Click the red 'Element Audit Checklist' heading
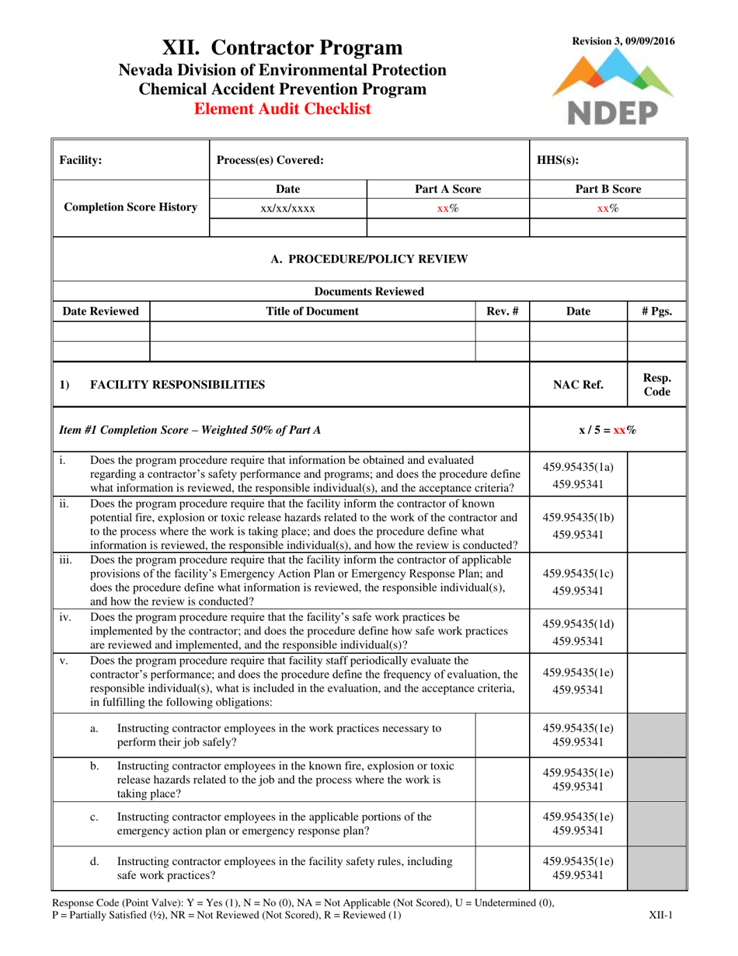(x=282, y=110)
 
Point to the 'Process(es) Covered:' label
(x=269, y=160)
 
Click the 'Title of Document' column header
(x=312, y=312)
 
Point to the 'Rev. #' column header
(x=502, y=312)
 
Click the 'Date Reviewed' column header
(x=101, y=312)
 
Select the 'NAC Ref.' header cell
(x=577, y=384)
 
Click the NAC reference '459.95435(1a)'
(x=578, y=467)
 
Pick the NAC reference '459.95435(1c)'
(x=578, y=574)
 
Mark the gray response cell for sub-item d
(x=656, y=868)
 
